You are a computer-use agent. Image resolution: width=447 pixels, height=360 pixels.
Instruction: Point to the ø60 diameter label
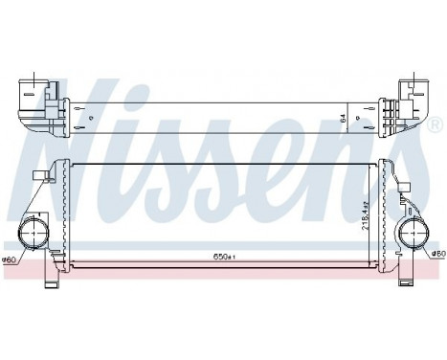(11, 259)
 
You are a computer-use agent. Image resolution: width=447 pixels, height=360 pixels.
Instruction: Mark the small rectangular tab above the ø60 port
(40, 175)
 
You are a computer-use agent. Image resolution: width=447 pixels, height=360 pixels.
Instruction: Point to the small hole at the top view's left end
(90, 118)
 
